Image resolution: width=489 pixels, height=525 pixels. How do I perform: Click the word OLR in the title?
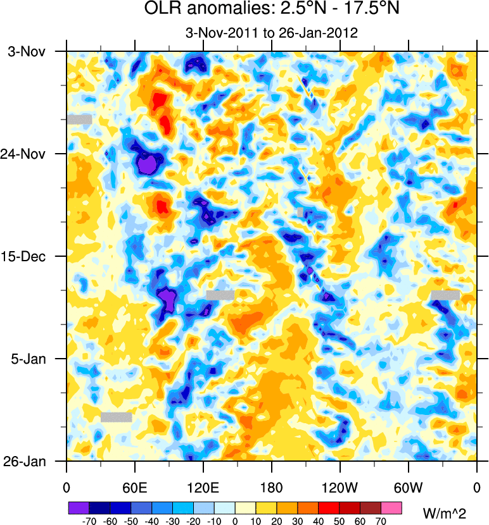click(x=163, y=11)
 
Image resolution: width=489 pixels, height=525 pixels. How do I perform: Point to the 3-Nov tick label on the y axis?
click(x=27, y=52)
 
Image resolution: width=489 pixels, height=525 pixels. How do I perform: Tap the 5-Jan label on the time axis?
click(x=27, y=359)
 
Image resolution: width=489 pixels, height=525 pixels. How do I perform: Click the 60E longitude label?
click(x=135, y=488)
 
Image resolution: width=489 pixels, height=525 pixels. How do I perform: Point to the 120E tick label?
click(x=203, y=488)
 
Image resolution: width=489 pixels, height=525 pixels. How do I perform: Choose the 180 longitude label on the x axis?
click(x=272, y=488)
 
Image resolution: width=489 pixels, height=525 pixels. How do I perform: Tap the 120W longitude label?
click(x=340, y=488)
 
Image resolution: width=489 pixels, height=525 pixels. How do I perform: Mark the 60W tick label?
click(x=409, y=488)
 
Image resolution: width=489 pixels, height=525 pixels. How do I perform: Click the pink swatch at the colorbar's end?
click(x=391, y=508)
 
